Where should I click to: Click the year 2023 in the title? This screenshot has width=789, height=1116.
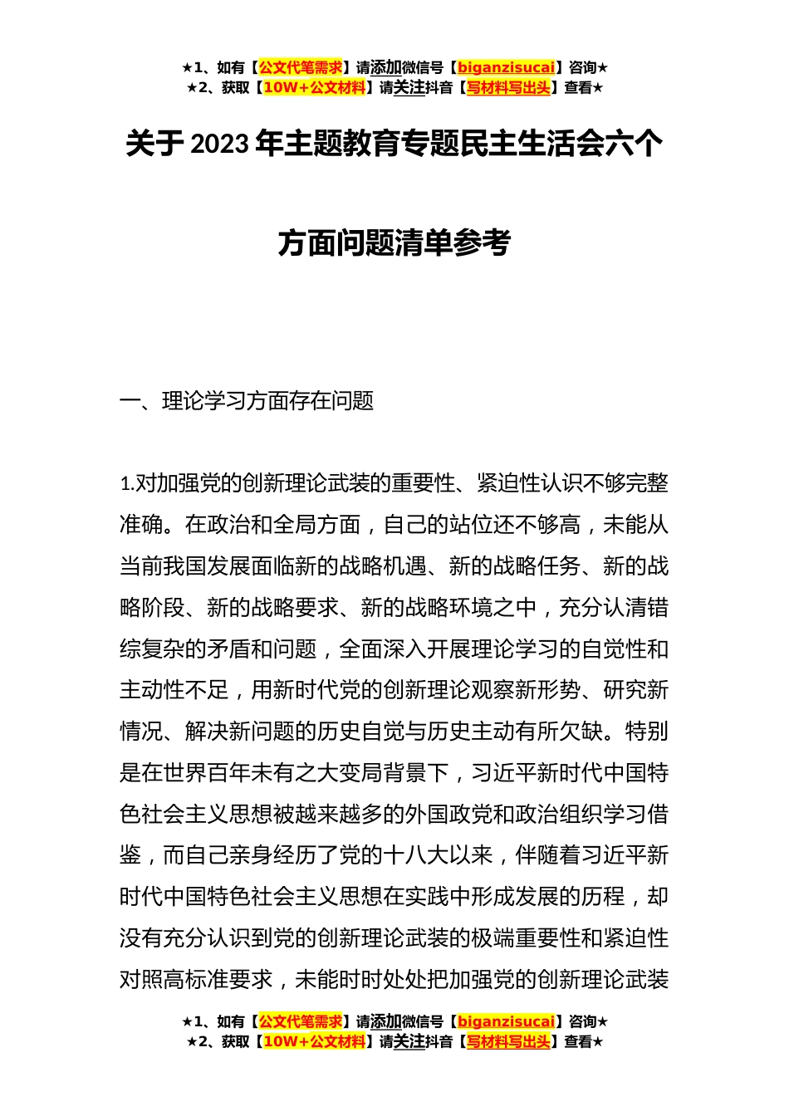click(x=219, y=144)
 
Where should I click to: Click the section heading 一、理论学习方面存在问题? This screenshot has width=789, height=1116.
click(x=247, y=401)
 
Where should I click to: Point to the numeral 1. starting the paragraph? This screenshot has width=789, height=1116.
click(x=126, y=484)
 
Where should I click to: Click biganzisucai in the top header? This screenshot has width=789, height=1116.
click(x=506, y=67)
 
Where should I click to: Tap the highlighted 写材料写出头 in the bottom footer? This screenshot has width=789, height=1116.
click(x=508, y=1041)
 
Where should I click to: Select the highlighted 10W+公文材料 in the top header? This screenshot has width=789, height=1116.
click(x=314, y=87)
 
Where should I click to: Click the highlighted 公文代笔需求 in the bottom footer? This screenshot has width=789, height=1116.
click(x=301, y=1021)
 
